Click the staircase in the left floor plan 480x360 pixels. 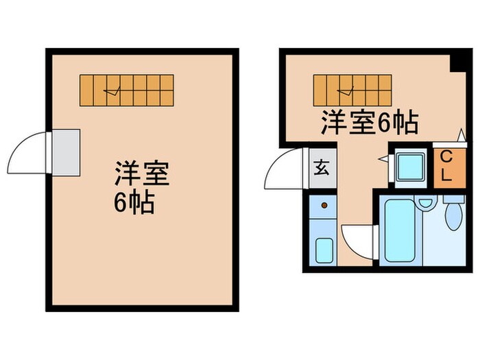(x=127, y=90)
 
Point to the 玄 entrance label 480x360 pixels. (x=321, y=167)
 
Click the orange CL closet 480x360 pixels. (x=445, y=165)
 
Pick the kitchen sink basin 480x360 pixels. (x=324, y=250)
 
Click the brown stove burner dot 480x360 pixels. (x=323, y=205)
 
